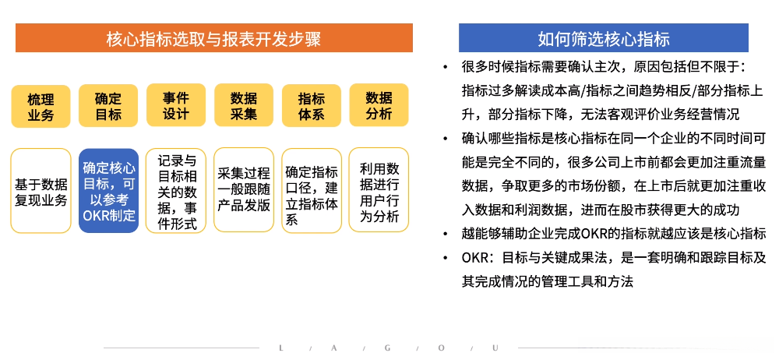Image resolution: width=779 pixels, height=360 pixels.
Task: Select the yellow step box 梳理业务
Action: tap(41, 107)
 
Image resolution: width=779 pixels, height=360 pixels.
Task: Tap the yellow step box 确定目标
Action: tap(108, 107)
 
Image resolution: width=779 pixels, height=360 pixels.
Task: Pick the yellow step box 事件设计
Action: tap(176, 105)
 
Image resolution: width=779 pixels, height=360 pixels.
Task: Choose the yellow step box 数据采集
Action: tap(244, 105)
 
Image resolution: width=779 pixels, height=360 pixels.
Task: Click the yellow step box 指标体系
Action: tap(312, 107)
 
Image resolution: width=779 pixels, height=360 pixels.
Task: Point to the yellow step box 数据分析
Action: tap(379, 105)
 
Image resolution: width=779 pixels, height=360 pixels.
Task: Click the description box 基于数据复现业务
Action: tap(41, 192)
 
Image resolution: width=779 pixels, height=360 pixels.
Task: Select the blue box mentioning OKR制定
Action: tap(108, 192)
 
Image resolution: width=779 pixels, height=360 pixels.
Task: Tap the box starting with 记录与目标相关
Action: tap(176, 192)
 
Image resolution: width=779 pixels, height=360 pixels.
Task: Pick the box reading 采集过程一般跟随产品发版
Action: tap(244, 192)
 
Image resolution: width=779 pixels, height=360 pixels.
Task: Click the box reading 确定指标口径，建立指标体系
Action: tap(312, 192)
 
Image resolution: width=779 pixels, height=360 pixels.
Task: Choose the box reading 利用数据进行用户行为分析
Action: tap(379, 190)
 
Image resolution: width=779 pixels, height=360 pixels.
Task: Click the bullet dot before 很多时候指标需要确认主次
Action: tap(445, 67)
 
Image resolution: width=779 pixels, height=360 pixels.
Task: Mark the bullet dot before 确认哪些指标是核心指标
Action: tap(445, 139)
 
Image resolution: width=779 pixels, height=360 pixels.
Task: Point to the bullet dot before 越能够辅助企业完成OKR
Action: tap(445, 234)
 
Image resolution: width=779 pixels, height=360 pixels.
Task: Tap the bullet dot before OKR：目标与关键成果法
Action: tap(445, 258)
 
